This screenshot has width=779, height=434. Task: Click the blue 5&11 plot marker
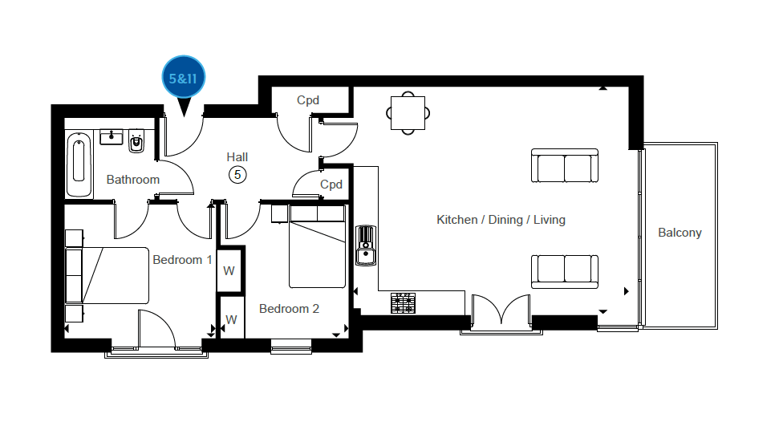tap(184, 78)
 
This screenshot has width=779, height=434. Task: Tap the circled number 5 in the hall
tap(237, 175)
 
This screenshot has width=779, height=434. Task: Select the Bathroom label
tap(133, 179)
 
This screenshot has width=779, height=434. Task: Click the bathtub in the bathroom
tap(79, 164)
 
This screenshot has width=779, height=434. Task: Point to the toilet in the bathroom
tap(136, 141)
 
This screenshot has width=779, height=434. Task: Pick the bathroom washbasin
tap(112, 136)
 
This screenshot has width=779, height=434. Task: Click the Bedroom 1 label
tap(182, 260)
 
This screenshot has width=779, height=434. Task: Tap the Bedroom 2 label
tap(289, 309)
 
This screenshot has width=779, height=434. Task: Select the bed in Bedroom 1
tap(108, 275)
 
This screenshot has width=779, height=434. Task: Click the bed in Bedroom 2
tap(317, 247)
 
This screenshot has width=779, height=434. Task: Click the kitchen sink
tap(366, 245)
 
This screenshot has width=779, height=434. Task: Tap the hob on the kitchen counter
tap(403, 303)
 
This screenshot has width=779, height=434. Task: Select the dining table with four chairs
tap(408, 113)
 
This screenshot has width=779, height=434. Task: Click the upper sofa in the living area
tap(565, 166)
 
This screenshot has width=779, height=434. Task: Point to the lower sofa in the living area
tap(565, 272)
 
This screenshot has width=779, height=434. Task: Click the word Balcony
tap(680, 233)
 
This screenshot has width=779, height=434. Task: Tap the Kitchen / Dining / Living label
tap(501, 220)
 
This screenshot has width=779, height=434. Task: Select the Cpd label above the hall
tap(308, 100)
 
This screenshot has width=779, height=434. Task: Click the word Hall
tap(237, 157)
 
